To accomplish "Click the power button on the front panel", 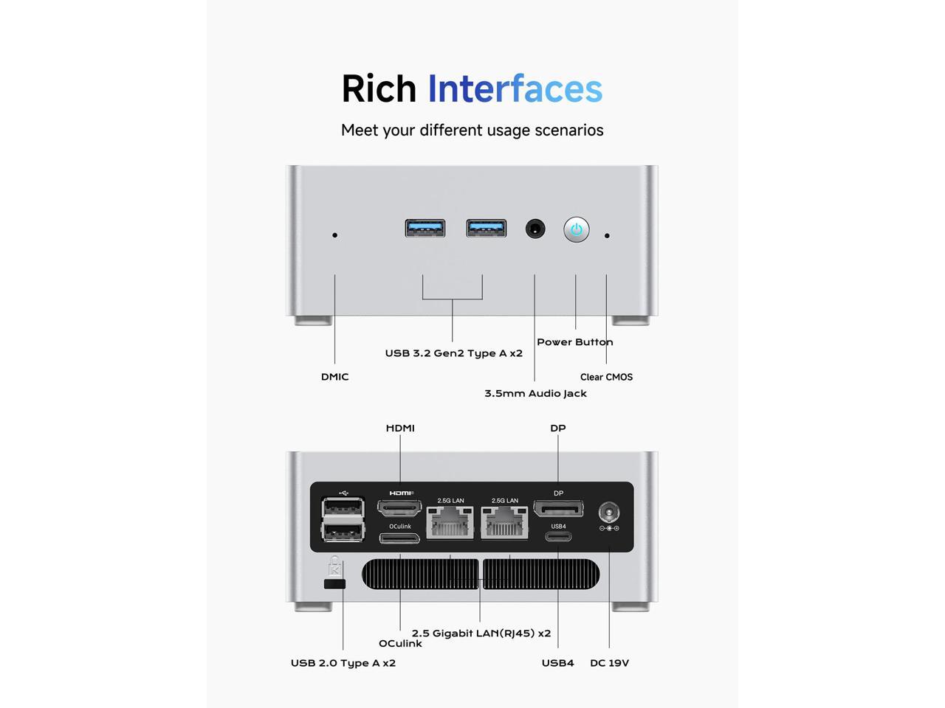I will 577,229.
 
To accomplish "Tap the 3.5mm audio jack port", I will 535,229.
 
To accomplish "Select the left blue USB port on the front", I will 425,229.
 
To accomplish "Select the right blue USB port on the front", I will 486,229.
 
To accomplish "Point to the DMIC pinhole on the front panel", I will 335,235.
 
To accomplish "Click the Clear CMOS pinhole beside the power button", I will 607,236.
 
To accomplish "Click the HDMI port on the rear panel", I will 399,507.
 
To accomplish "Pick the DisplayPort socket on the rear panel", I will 558,508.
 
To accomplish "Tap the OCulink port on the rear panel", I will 399,538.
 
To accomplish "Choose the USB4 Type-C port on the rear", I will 558,536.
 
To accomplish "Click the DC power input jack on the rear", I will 608,511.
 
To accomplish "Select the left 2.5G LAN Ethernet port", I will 450,522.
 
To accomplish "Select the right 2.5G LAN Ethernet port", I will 505,522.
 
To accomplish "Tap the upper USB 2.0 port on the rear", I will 343,508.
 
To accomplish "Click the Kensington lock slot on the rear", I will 334,584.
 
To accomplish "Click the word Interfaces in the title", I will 515,88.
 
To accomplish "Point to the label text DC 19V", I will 609,663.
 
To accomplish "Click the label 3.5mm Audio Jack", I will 535,393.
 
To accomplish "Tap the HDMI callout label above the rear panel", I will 400,428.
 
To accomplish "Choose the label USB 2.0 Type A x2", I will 343,663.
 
